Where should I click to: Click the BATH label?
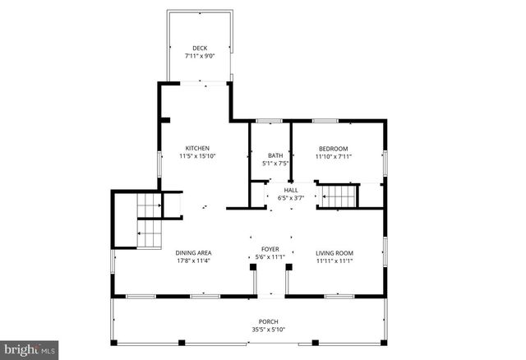[x=275, y=155]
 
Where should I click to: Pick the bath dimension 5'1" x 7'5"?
[x=275, y=163]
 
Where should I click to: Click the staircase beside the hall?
[x=339, y=197]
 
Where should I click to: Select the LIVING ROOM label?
[x=335, y=253]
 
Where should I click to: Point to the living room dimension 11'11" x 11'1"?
[x=335, y=261]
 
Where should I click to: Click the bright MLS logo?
[x=29, y=348]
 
